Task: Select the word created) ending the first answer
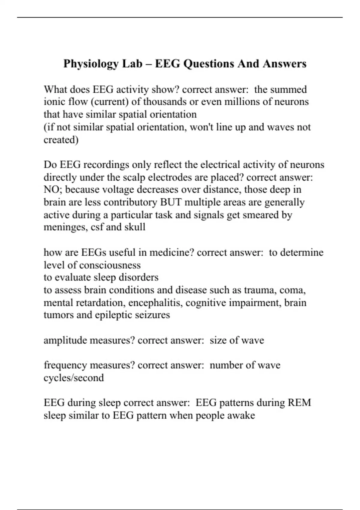point(61,140)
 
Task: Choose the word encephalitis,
point(155,302)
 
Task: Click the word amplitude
point(65,340)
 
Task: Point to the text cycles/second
point(74,378)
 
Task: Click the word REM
point(299,403)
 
